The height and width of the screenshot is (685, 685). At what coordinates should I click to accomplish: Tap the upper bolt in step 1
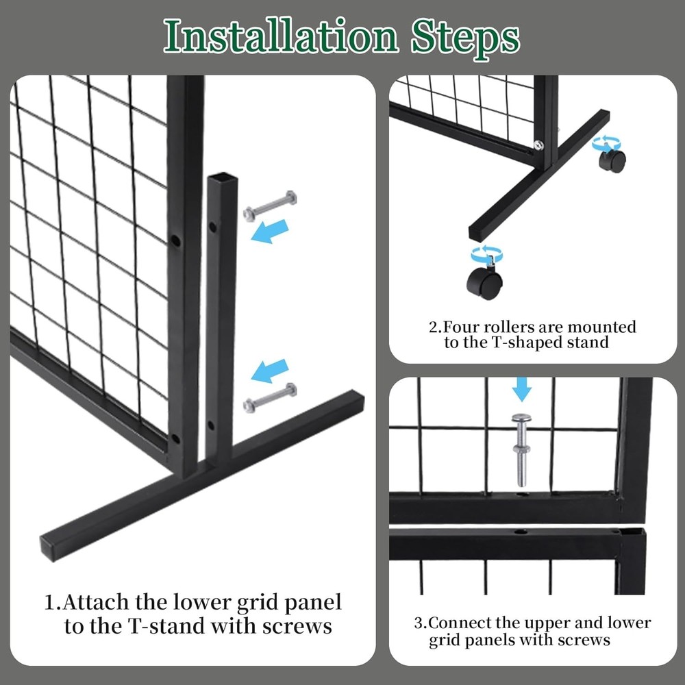pyautogui.click(x=271, y=206)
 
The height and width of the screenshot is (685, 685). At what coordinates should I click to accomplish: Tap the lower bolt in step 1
pyautogui.click(x=271, y=397)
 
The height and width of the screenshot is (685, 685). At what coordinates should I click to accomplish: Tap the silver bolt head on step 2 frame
pyautogui.click(x=539, y=145)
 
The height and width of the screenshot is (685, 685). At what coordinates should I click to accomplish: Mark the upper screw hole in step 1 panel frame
pyautogui.click(x=175, y=241)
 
